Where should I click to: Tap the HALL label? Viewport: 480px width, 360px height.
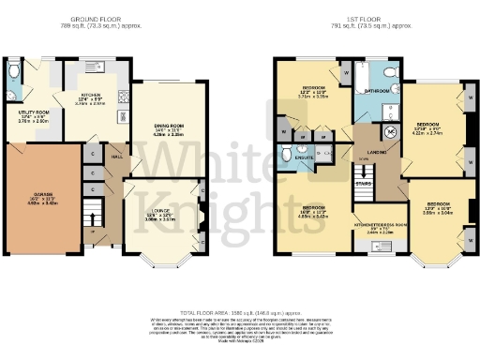point(115,157)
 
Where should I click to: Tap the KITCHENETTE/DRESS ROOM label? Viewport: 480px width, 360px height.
point(379,226)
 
